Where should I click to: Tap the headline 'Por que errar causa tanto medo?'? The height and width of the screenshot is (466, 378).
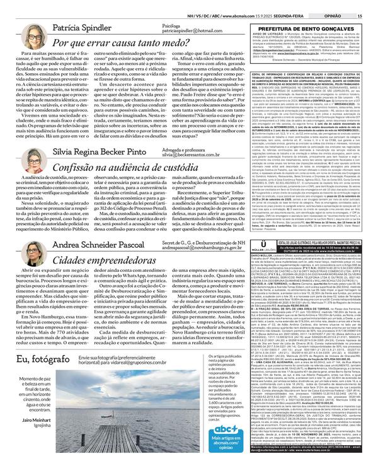point(123,44)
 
